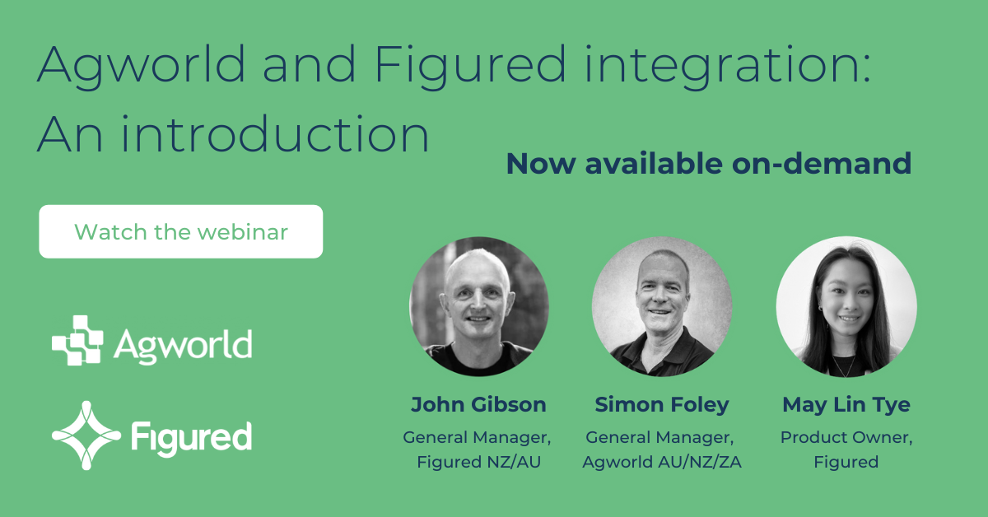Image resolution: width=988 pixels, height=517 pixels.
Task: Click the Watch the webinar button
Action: click(x=181, y=231)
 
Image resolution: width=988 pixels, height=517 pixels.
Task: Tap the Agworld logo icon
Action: click(x=77, y=340)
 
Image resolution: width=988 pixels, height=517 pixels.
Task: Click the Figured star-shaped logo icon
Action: click(x=86, y=435)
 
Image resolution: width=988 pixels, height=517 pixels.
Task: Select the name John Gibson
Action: click(x=478, y=404)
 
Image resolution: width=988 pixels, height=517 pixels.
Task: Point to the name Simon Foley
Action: click(x=662, y=405)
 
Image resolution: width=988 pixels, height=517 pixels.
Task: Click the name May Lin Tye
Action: click(x=846, y=405)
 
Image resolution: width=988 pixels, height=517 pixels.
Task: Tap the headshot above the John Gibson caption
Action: click(x=479, y=306)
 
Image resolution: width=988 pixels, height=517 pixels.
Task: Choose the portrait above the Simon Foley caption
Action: click(x=662, y=306)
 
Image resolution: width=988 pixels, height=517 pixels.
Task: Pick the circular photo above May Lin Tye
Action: click(x=846, y=306)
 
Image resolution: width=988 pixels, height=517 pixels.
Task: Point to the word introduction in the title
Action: click(x=274, y=133)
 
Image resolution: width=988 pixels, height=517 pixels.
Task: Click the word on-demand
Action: click(x=822, y=164)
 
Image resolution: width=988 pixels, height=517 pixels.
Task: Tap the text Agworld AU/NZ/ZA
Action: click(x=662, y=462)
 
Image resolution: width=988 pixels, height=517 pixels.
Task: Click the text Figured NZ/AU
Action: click(x=478, y=462)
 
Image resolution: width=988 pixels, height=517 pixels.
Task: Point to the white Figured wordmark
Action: click(x=191, y=438)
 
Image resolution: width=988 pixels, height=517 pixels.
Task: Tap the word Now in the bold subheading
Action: click(x=541, y=164)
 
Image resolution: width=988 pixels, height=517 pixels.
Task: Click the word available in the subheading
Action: click(x=654, y=164)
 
